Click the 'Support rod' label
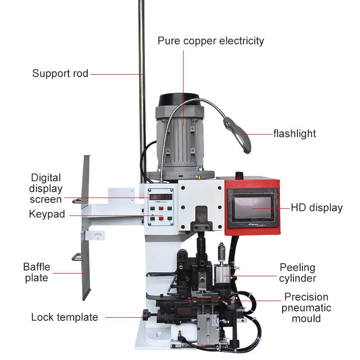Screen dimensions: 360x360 pos(60,73)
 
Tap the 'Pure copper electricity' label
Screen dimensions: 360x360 pos(211,41)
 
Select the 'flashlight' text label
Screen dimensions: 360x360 pos(295,134)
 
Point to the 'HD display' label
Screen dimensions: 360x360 pos(317,207)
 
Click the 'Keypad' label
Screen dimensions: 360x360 pos(47,214)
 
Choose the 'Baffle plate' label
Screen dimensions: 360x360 pos(36,272)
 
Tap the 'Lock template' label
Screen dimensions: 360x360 pos(64,317)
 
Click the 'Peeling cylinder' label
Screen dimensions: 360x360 pos(297,273)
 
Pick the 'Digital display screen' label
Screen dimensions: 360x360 pos(45,189)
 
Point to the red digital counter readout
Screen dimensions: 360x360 pos(161,196)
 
